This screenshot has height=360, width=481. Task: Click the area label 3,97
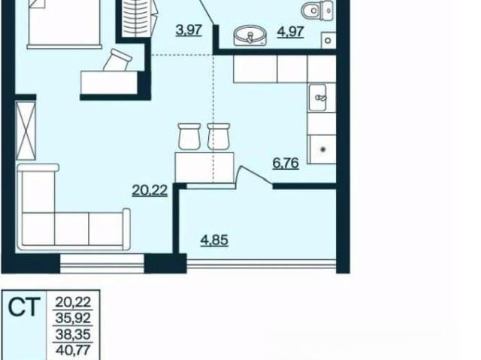pos(189,30)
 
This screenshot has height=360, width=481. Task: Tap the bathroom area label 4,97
pos(291,32)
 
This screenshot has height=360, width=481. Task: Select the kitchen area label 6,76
pos(286,163)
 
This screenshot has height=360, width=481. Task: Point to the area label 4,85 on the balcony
pos(214,240)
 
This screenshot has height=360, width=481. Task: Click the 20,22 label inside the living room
pos(150,190)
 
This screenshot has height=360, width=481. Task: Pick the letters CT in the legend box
pos(24,307)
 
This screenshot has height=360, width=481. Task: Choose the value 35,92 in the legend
pos(73,318)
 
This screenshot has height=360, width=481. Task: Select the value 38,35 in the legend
pos(73,334)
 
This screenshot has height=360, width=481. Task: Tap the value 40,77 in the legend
pos(73,349)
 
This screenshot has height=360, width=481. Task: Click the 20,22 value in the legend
pos(73,302)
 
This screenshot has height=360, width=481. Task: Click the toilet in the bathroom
pos(316,11)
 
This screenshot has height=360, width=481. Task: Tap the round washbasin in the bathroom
pos(250,35)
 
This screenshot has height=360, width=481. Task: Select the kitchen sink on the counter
pos(317,98)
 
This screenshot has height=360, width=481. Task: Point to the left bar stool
pos(189,136)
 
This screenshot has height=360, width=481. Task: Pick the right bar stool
pos(219,136)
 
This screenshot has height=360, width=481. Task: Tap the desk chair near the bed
pos(117,60)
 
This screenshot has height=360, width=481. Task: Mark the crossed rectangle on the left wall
pos(26,131)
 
